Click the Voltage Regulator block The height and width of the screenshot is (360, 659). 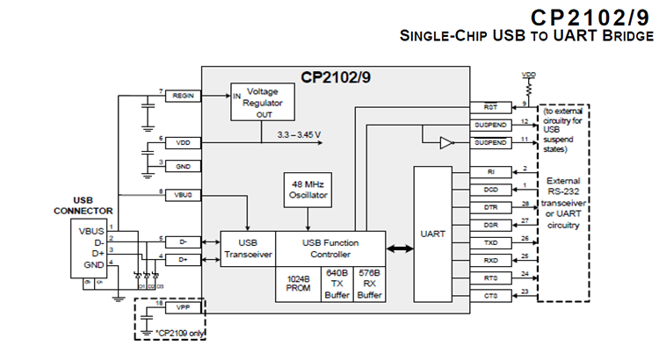point(261,102)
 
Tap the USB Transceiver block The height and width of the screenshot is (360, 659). point(247,249)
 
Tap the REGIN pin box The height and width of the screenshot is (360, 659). point(184,95)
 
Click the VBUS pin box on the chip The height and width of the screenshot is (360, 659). point(184,194)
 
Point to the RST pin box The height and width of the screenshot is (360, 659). point(490,107)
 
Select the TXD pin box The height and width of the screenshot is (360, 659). point(490,241)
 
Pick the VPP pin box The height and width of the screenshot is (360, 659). point(184,308)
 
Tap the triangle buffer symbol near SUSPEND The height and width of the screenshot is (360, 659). point(445,142)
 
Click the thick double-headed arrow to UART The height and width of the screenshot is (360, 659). point(400,249)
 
